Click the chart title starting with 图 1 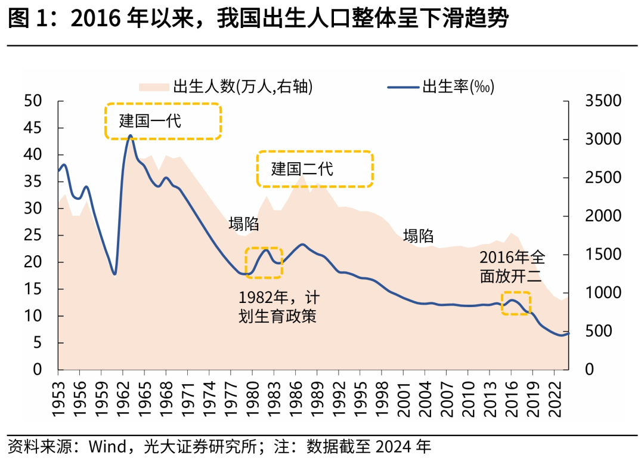point(258,19)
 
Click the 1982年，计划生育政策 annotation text point(277,307)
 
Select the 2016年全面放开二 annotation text point(512,266)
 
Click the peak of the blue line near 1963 point(131,136)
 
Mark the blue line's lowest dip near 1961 point(114,274)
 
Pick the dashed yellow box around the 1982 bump point(264,262)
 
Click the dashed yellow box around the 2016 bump point(516,303)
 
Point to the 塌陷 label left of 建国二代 point(244,224)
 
